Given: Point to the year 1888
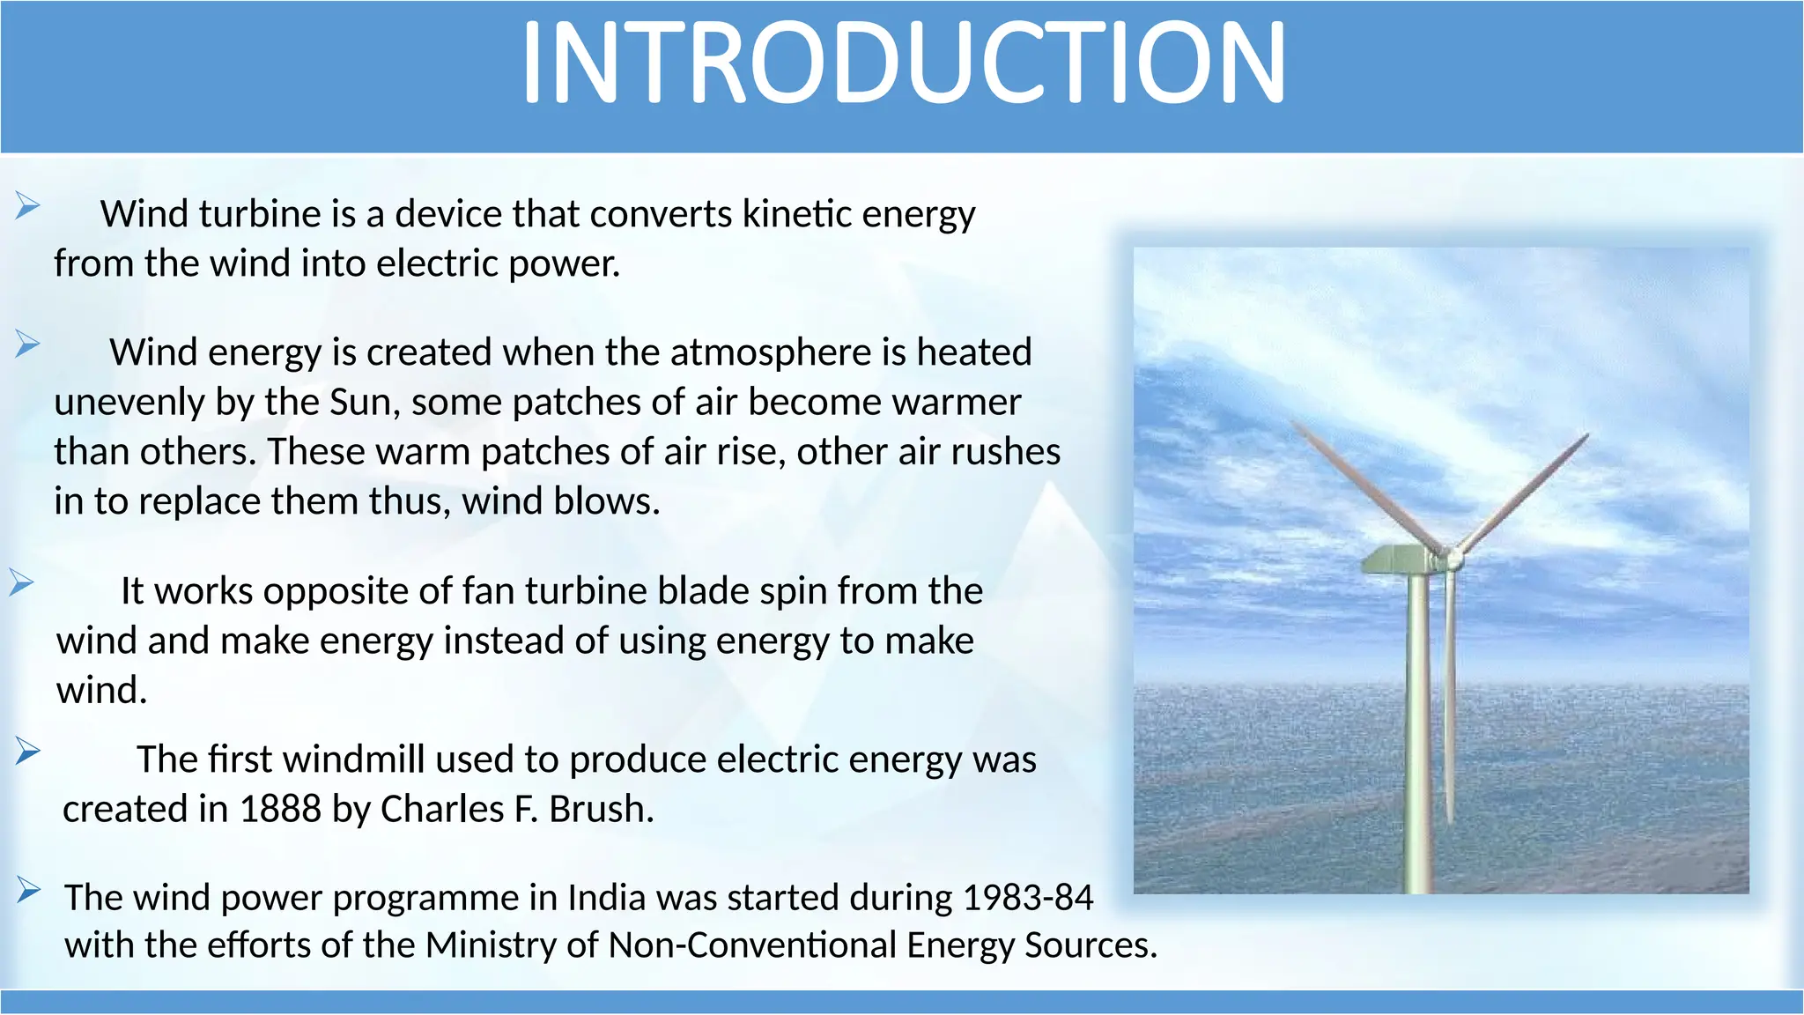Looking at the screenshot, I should tap(280, 809).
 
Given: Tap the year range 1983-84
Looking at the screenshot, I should tap(1027, 898).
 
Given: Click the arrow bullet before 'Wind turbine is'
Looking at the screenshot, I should tap(27, 207).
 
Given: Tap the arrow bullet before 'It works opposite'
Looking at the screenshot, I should tap(21, 583).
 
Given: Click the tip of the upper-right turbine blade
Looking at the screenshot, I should tap(1585, 436).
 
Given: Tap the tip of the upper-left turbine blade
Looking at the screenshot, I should tap(1295, 424).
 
